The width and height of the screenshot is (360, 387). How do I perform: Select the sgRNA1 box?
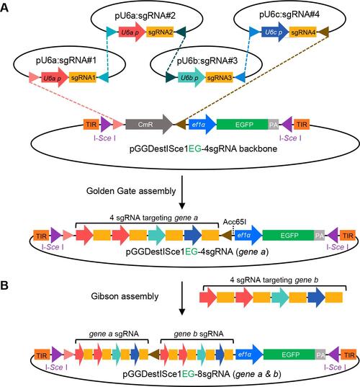(x=83, y=78)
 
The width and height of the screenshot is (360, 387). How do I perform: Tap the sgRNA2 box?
(x=161, y=32)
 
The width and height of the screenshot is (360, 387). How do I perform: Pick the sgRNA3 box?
(x=219, y=78)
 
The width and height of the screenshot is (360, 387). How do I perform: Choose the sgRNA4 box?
(x=303, y=32)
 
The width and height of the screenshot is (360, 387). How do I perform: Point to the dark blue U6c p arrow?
(x=275, y=32)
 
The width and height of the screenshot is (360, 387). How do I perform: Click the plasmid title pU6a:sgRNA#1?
(x=66, y=61)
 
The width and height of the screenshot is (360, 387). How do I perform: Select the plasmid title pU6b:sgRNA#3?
(x=207, y=61)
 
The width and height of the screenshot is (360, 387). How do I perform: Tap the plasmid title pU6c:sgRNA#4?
(x=289, y=14)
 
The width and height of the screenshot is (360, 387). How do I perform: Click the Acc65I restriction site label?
(x=235, y=222)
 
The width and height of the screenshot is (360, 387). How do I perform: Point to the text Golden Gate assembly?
(x=131, y=191)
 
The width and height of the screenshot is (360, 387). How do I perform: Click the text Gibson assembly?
(x=125, y=296)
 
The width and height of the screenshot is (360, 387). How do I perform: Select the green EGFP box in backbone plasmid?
(x=243, y=125)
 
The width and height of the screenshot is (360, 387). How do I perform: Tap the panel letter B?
(x=4, y=285)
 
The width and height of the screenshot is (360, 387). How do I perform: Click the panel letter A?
(x=4, y=8)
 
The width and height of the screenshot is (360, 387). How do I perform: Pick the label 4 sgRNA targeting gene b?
(x=274, y=280)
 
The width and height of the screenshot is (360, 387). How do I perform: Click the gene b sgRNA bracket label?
(x=199, y=334)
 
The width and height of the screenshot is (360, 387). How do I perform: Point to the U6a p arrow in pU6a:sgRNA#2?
(x=132, y=32)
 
